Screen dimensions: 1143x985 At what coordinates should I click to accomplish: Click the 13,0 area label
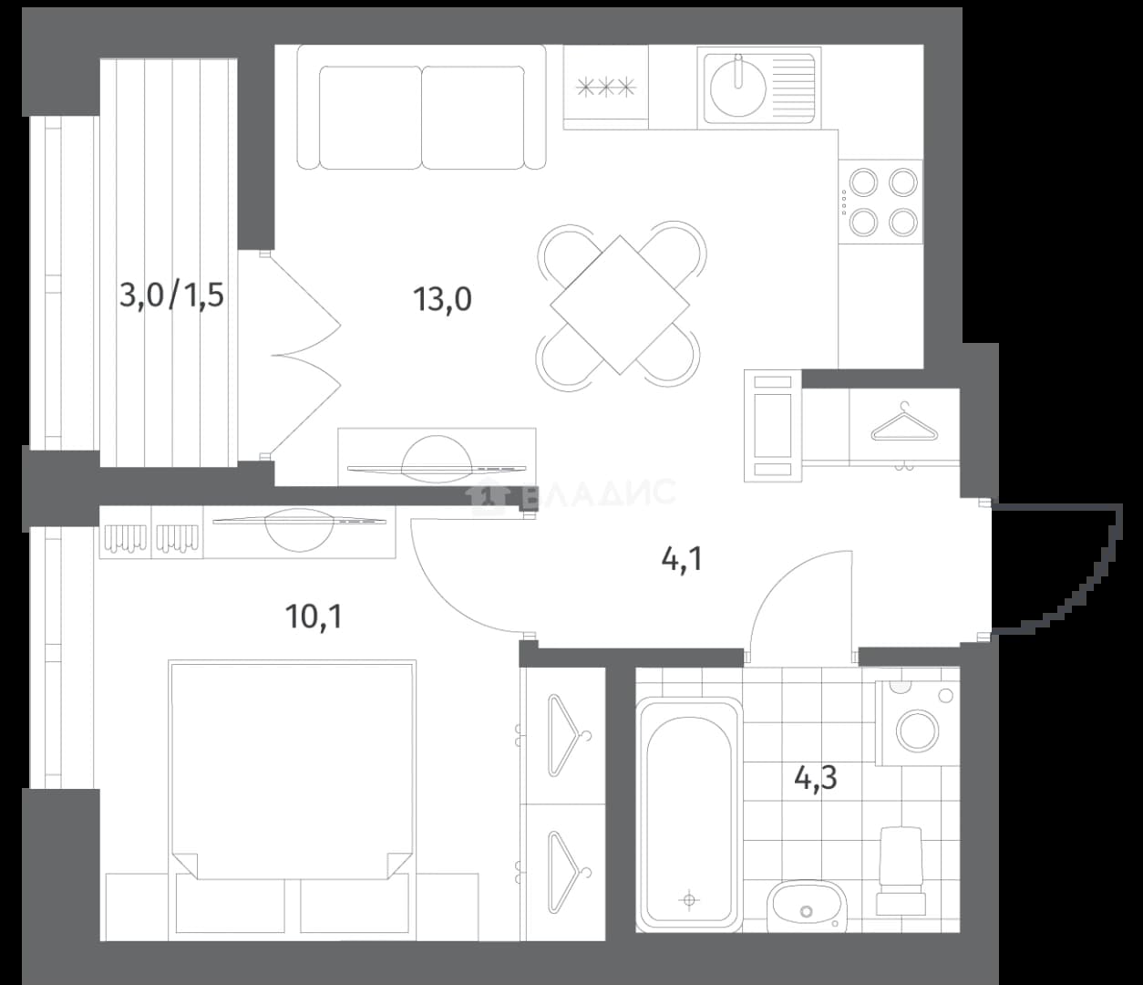pos(442,299)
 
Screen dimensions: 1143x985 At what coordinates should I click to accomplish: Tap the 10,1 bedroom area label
pos(314,617)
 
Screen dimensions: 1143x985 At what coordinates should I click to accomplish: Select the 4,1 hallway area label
pos(682,559)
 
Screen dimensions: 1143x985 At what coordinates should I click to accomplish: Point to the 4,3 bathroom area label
pos(816,778)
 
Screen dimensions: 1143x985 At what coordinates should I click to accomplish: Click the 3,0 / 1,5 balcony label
pos(171,295)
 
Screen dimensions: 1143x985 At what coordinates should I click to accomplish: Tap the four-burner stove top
pos(880,202)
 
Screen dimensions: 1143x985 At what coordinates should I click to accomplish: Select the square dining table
pos(619,305)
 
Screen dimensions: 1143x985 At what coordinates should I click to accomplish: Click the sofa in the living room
pos(421,107)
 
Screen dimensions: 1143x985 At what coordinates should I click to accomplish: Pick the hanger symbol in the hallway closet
pos(905,423)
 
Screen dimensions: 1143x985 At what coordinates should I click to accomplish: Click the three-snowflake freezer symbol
pos(606,88)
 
